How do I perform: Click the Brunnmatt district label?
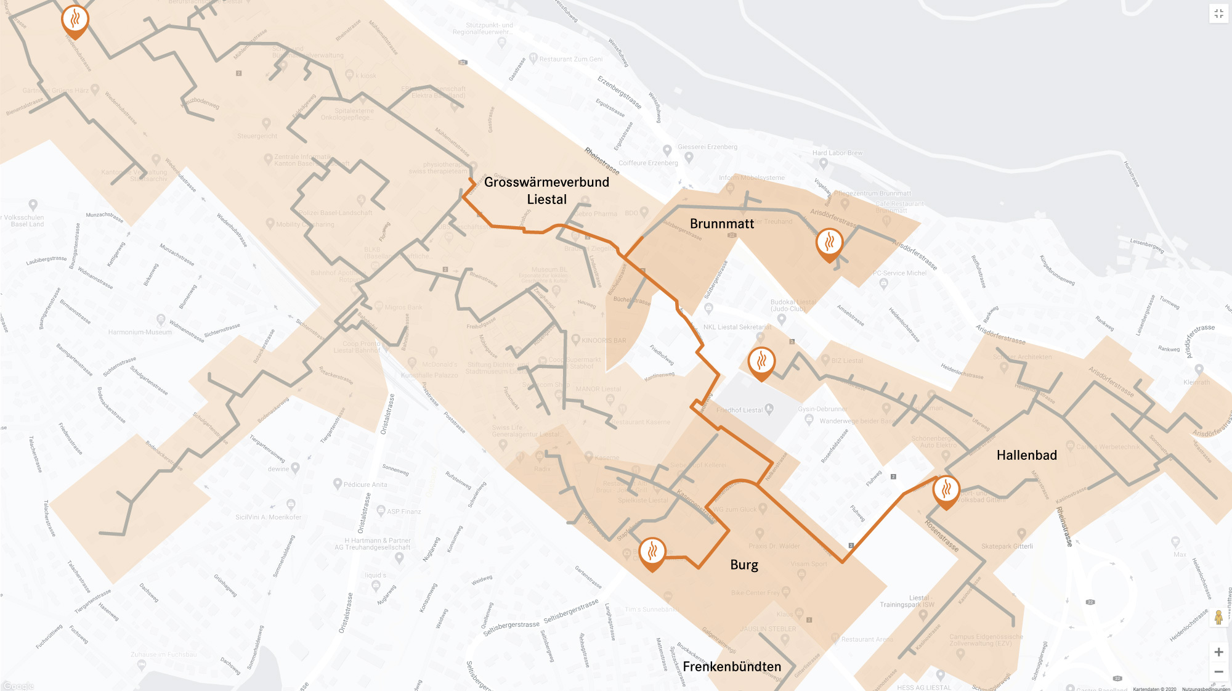[722, 224]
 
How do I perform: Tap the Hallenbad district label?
[1027, 456]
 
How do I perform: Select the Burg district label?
[744, 565]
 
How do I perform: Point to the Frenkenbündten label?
[732, 666]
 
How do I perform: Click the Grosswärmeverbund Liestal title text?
[546, 190]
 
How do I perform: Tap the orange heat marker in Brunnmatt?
[829, 243]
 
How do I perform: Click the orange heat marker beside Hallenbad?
[946, 491]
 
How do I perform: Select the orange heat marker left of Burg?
[652, 552]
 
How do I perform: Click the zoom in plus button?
[1218, 652]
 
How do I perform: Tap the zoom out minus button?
[1218, 672]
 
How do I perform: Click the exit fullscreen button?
[1218, 14]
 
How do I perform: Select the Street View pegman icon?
[1218, 617]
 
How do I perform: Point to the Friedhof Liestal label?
[739, 410]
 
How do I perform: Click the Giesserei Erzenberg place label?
[707, 147]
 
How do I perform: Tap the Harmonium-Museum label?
[140, 332]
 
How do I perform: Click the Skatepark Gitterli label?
[1007, 546]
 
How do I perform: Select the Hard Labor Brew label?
[837, 153]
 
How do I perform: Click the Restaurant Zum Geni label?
[571, 59]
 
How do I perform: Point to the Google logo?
[18, 686]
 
